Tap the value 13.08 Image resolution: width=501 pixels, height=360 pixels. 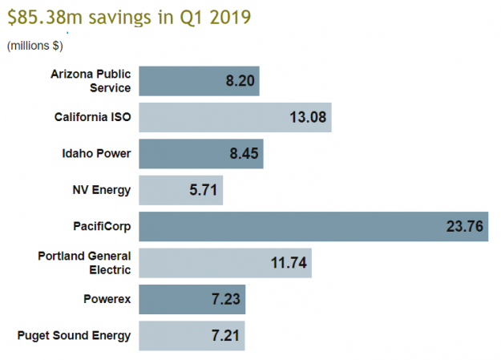pyautogui.click(x=307, y=118)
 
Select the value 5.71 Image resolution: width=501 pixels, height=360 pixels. pyautogui.click(x=204, y=190)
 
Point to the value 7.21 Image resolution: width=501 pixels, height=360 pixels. pyautogui.click(x=225, y=335)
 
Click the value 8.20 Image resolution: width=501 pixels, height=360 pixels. pyautogui.click(x=240, y=81)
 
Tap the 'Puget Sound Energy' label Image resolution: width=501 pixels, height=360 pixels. pyautogui.click(x=74, y=335)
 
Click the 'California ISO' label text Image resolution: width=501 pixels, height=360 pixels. pyautogui.click(x=87, y=118)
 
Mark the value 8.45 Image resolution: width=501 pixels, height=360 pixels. pyautogui.click(x=244, y=154)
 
